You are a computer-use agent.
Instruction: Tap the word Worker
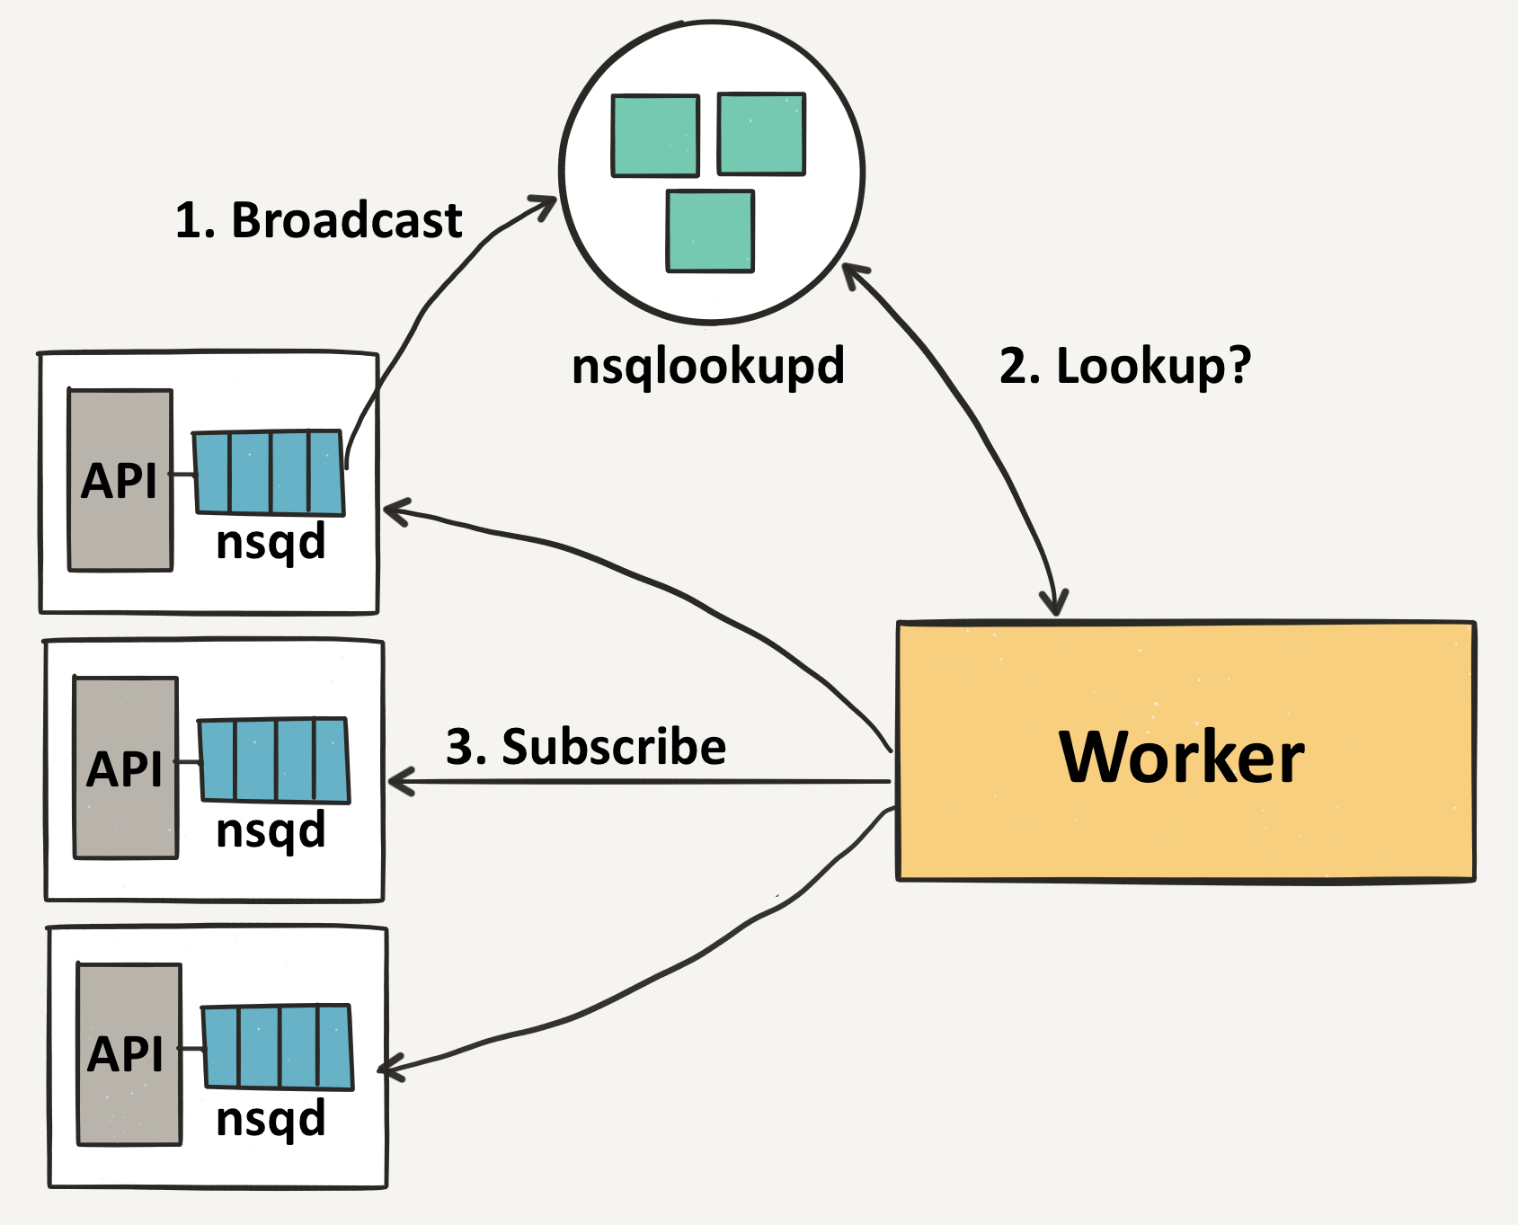click(1181, 758)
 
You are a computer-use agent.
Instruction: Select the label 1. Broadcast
click(318, 220)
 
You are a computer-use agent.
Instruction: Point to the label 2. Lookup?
click(1124, 366)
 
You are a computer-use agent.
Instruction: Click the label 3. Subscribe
click(586, 747)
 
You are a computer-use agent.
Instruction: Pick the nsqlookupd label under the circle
click(708, 366)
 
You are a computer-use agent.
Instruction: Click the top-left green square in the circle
click(655, 136)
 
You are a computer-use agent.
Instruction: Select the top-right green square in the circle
click(761, 133)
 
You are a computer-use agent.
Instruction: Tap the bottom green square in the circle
click(710, 231)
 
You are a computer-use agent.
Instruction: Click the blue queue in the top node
click(269, 473)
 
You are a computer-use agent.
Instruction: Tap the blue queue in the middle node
click(273, 760)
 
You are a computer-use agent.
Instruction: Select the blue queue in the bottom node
click(277, 1047)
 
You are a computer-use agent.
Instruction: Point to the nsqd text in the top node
click(271, 543)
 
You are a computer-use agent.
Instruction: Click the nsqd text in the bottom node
click(271, 1119)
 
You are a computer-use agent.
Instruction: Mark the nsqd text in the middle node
click(271, 830)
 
